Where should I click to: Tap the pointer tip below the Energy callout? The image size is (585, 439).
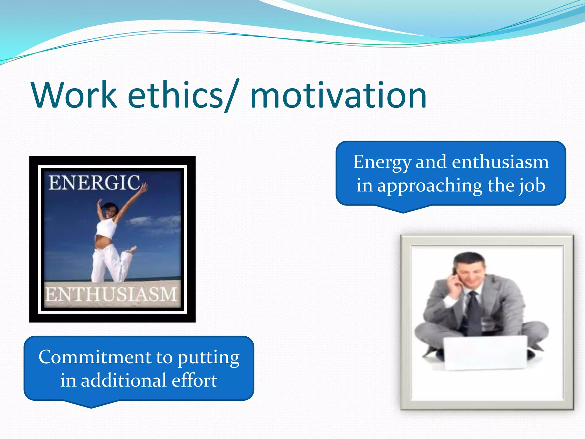point(403,212)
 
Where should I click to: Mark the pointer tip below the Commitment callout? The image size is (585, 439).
point(91,407)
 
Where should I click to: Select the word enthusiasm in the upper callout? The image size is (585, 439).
point(500,162)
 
